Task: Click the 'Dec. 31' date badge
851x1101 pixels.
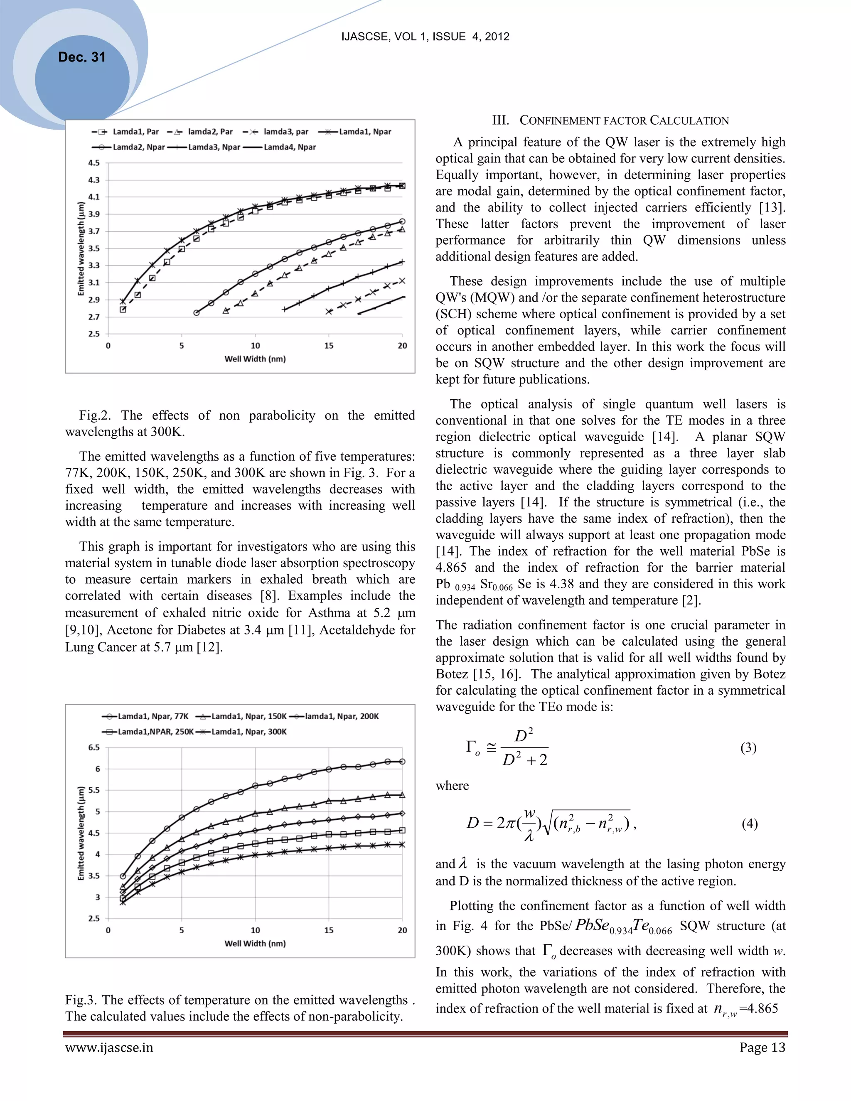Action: point(82,57)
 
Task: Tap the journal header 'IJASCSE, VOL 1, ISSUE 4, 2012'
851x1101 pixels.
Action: point(425,37)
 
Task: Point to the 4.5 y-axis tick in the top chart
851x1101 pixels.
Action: point(94,163)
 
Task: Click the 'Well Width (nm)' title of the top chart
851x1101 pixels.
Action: point(255,359)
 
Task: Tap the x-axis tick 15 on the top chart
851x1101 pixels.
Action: point(329,346)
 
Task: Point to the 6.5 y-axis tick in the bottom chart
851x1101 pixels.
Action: point(94,747)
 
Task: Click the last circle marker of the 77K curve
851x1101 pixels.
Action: point(402,762)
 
